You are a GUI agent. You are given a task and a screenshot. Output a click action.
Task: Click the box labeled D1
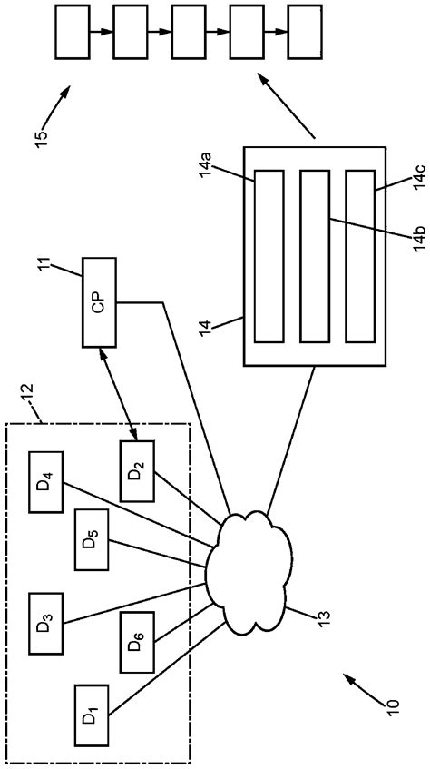[x=90, y=716]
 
